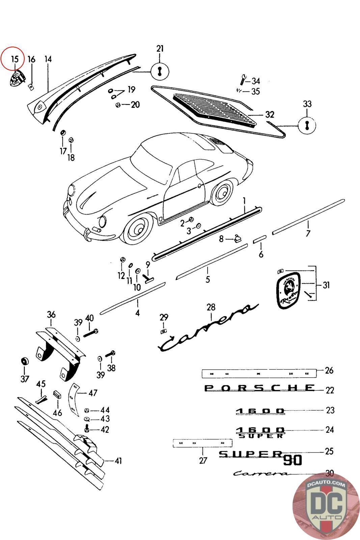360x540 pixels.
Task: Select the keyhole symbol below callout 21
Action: point(160,71)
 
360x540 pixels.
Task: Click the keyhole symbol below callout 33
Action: point(307,126)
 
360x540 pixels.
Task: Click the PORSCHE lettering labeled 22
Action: point(259,388)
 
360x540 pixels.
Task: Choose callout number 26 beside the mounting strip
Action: point(329,370)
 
